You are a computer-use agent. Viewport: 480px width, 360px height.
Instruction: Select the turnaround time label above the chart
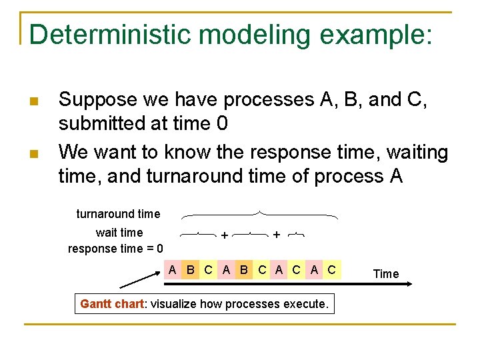point(118,214)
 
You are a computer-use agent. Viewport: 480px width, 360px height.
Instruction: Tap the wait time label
point(119,232)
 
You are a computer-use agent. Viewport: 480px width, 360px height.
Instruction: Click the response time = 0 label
point(115,249)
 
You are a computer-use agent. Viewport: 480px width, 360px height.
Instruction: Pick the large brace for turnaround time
point(259,215)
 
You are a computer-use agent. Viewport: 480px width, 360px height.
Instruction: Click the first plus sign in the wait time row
point(225,235)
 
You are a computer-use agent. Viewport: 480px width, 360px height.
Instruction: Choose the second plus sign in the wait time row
point(276,235)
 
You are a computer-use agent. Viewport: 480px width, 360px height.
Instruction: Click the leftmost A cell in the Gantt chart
point(173,270)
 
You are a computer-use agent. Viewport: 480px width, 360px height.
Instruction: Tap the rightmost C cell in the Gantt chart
point(331,270)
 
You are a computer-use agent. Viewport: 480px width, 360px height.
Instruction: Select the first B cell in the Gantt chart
point(191,270)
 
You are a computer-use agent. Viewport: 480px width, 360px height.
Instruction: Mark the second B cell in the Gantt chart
point(243,270)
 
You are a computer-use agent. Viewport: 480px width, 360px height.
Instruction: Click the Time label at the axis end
point(386,273)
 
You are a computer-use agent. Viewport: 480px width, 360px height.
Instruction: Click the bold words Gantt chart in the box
point(111,304)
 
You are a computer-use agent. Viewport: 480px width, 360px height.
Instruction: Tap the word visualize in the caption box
point(175,304)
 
